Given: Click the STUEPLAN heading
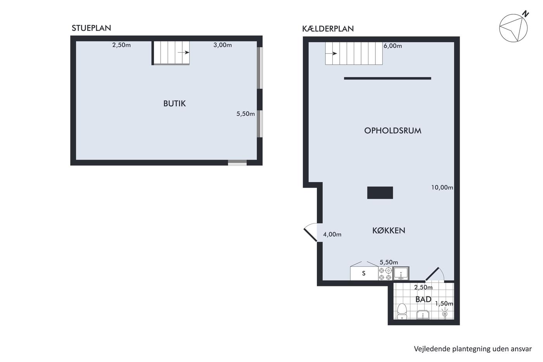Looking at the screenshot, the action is [92, 28].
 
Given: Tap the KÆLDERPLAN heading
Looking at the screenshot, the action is [328, 29].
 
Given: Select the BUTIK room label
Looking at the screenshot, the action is [175, 104].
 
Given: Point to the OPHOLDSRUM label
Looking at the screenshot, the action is [393, 131].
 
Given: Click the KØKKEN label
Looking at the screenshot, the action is [389, 230].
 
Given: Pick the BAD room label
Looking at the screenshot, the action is [423, 299].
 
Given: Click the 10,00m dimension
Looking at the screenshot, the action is [442, 187].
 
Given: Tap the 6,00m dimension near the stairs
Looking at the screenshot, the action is [393, 46].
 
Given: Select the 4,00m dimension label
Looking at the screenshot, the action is [332, 234].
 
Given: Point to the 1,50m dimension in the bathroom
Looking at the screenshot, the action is [444, 303].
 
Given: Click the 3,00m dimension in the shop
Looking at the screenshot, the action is [223, 45].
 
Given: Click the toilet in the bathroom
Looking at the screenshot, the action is [402, 311].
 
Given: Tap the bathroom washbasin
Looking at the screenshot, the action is [423, 315].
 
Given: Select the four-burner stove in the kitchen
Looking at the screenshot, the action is [385, 274].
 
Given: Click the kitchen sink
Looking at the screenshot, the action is [401, 274].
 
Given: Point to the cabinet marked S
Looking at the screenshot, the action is [364, 274].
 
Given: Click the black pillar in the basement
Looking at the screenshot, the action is [380, 193].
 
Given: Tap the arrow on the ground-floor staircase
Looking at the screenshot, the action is [183, 52].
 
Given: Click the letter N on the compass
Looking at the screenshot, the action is [526, 14].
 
